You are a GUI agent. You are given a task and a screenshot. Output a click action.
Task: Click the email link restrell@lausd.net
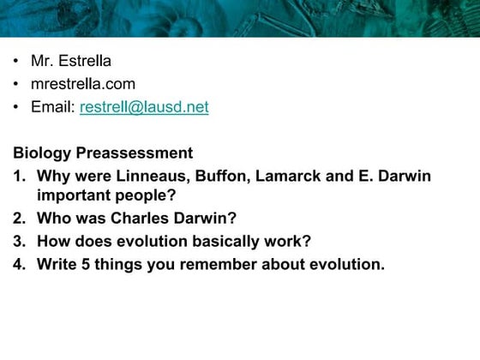tap(144, 107)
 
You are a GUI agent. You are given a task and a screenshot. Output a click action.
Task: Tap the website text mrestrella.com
tap(83, 84)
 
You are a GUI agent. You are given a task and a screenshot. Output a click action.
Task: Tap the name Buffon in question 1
tap(202, 177)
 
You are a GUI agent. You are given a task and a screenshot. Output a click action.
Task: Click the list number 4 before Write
tap(19, 264)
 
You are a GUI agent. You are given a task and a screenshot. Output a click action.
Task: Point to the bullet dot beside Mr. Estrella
tap(16, 62)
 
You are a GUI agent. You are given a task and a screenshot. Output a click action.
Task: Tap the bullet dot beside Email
tap(16, 108)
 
